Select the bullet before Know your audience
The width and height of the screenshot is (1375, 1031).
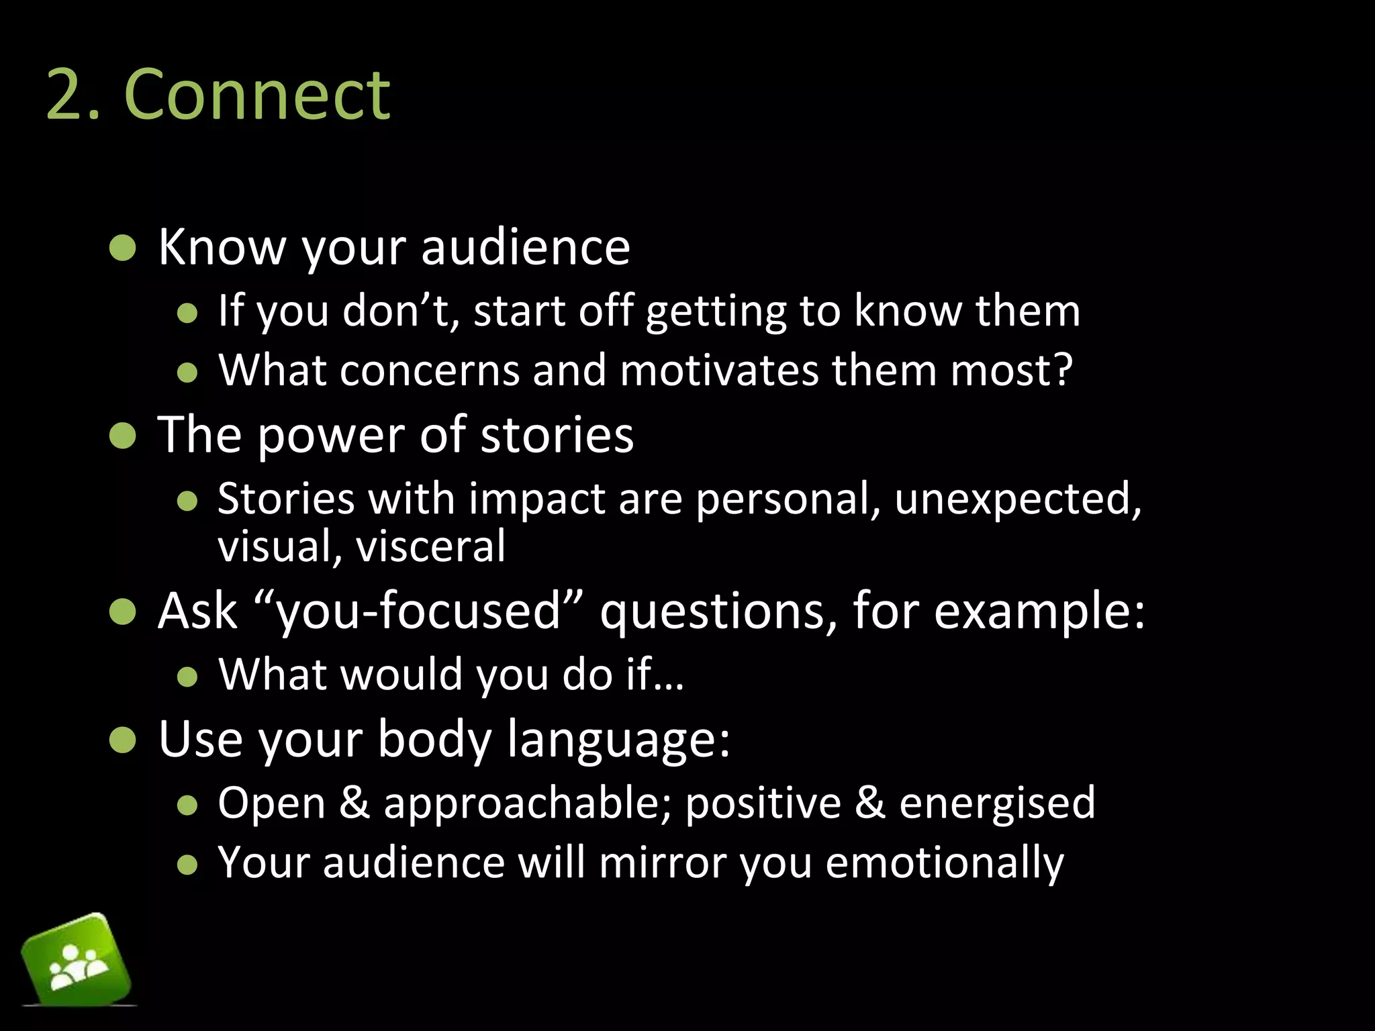click(x=123, y=248)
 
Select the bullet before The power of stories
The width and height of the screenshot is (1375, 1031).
click(x=123, y=436)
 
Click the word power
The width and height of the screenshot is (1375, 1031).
click(x=331, y=436)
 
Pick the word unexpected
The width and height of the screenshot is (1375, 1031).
click(x=1017, y=499)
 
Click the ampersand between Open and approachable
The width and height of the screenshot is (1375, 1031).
click(x=354, y=802)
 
